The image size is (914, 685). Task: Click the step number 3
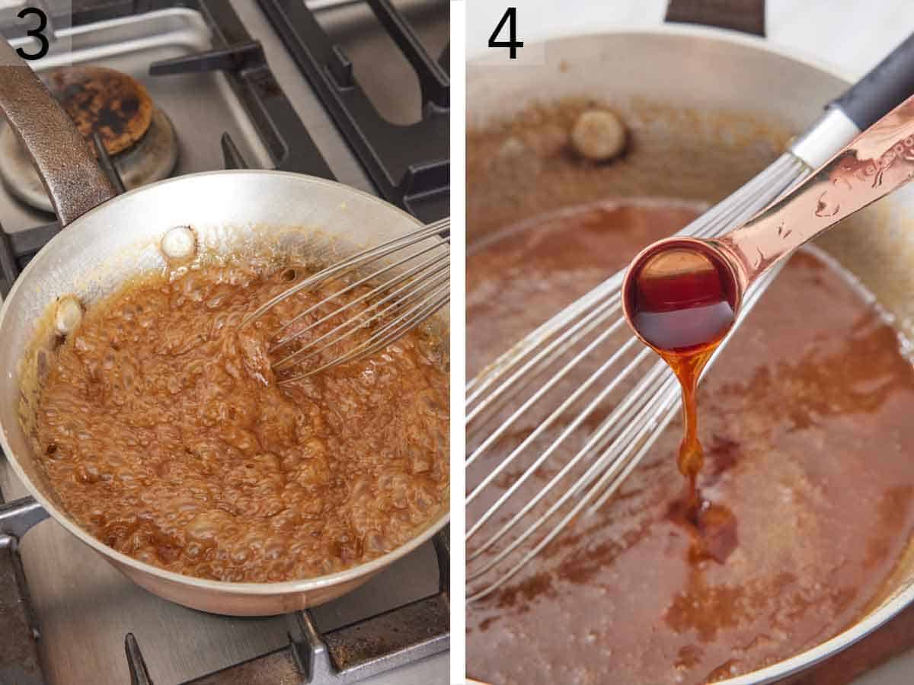point(32,33)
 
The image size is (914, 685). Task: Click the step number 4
point(505,33)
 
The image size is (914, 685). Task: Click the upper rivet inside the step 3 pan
point(178,242)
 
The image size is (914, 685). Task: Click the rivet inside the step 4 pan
point(599,134)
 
